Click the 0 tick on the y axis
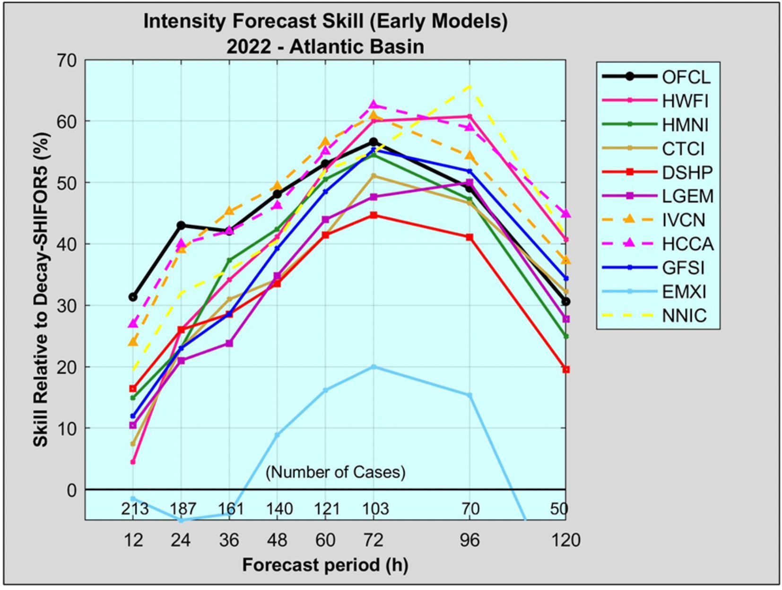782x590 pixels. (72, 491)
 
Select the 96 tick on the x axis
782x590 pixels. (469, 540)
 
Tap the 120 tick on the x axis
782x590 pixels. (566, 540)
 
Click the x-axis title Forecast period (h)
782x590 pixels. (325, 565)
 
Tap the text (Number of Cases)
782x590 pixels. (336, 472)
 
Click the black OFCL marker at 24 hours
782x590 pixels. (181, 225)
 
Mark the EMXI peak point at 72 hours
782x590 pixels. (374, 367)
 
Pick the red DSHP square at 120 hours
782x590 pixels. (566, 370)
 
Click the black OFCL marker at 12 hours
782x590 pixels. (133, 297)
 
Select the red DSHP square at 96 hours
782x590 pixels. (469, 237)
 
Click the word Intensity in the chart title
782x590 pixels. (185, 22)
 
